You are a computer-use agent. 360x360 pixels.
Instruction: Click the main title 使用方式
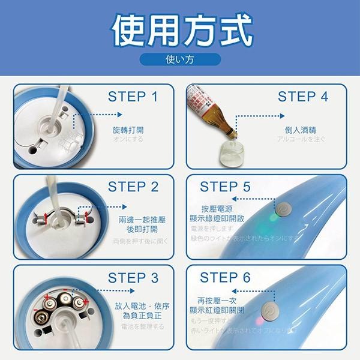pyautogui.click(x=181, y=30)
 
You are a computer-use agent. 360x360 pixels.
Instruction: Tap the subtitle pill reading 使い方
pyautogui.click(x=179, y=59)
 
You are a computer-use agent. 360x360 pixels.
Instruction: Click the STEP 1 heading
pyautogui.click(x=133, y=97)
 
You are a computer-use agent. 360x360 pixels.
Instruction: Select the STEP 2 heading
pyautogui.click(x=133, y=187)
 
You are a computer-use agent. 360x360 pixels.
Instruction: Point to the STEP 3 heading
pyautogui.click(x=133, y=278)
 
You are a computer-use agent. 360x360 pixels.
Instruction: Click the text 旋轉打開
pyautogui.click(x=128, y=130)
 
